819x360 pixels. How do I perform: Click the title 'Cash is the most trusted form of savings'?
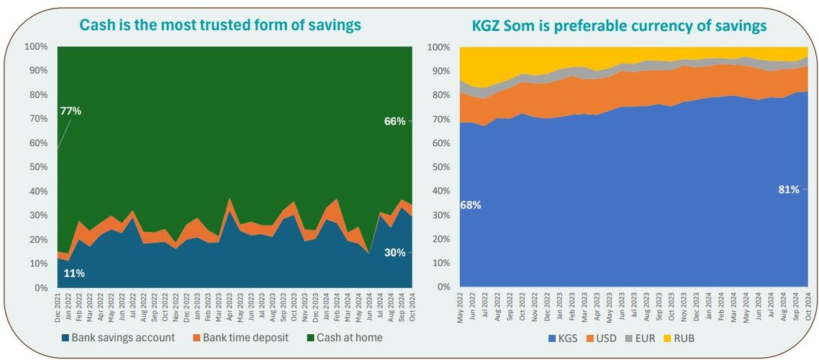[x=220, y=25]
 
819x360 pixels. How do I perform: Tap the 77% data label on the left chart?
[x=70, y=111]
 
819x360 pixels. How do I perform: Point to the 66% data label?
[x=395, y=122]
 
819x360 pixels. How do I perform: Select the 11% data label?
[x=74, y=273]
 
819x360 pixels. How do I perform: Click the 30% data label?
[x=395, y=253]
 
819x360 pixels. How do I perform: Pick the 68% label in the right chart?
[x=471, y=205]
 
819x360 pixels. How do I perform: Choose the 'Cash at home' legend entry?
[x=346, y=337]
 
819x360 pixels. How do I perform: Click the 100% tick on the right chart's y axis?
[x=440, y=47]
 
